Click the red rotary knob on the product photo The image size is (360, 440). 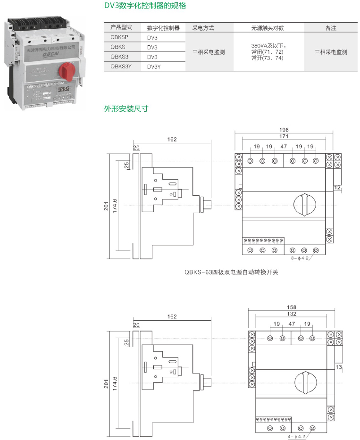[x=67, y=71]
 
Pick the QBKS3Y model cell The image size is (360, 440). [x=122, y=66]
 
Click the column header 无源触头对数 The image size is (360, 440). [x=268, y=28]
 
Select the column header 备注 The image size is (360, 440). [x=331, y=28]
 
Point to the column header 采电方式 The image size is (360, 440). [x=203, y=28]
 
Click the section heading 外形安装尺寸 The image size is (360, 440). [x=126, y=109]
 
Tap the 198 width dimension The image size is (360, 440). [x=284, y=130]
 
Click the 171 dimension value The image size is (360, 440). [x=284, y=136]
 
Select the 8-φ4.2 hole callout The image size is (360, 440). [x=299, y=258]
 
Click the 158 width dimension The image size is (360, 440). [x=291, y=307]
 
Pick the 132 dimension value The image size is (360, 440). [x=291, y=314]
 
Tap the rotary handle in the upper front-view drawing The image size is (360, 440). [x=304, y=204]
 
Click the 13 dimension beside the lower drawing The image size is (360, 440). [x=338, y=366]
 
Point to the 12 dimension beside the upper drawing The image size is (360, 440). [x=337, y=188]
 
